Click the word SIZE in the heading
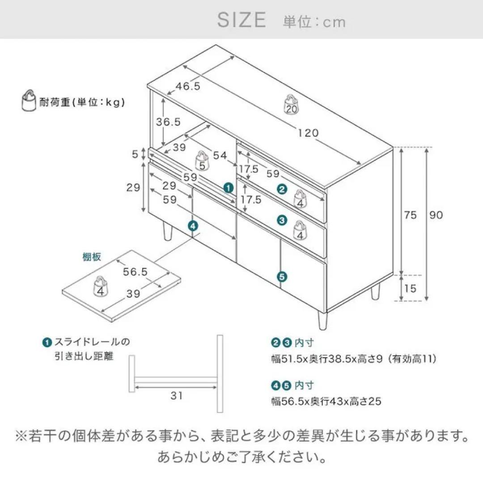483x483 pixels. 241,20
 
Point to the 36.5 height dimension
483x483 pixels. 168,121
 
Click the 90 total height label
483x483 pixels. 436,215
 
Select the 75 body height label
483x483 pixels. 410,215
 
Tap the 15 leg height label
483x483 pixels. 410,288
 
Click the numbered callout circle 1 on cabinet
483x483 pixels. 229,188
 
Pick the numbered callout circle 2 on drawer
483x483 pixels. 282,189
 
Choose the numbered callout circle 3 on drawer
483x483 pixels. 282,220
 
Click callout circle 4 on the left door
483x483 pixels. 192,226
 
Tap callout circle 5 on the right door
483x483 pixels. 281,277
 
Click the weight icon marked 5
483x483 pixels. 202,161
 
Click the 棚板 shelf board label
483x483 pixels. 92,257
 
